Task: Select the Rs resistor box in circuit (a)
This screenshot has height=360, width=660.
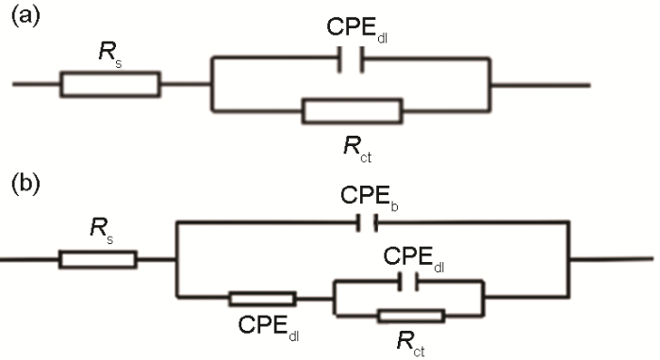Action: click(x=110, y=85)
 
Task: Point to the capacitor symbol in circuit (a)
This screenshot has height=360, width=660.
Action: click(x=351, y=58)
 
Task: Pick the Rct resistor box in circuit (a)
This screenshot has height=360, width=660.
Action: click(x=352, y=111)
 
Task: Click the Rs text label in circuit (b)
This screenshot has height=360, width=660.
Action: click(x=100, y=227)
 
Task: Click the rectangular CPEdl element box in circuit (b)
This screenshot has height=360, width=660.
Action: click(x=262, y=299)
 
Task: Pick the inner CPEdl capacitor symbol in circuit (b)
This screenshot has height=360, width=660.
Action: click(x=408, y=280)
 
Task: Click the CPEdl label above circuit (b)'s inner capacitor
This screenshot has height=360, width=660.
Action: click(x=409, y=254)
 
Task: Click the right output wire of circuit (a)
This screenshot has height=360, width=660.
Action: click(x=541, y=85)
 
